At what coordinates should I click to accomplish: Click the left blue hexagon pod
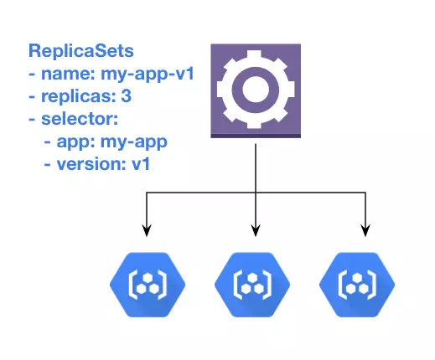[148, 284]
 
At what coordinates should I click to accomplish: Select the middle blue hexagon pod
[255, 284]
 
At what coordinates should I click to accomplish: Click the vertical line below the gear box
[255, 167]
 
